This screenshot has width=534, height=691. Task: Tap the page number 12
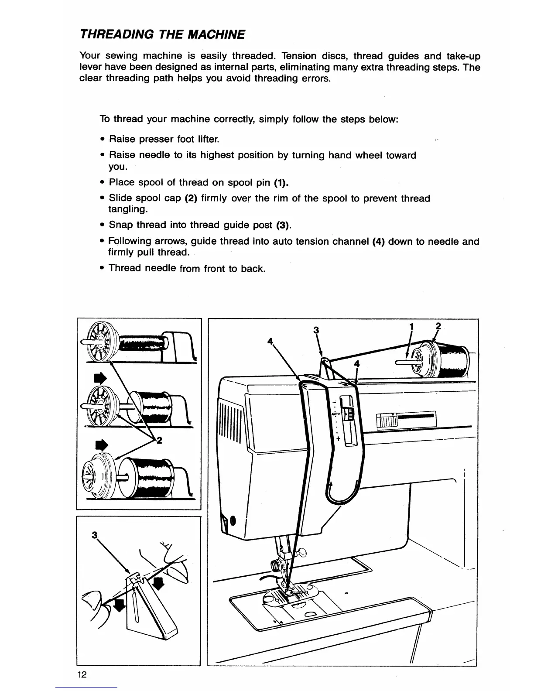pyautogui.click(x=82, y=674)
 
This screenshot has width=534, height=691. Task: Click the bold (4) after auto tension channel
pyautogui.click(x=378, y=242)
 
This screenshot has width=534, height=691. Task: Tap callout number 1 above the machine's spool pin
pyautogui.click(x=411, y=326)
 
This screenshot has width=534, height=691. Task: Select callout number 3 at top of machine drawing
pyautogui.click(x=316, y=330)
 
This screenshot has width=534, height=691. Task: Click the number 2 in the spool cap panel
pyautogui.click(x=159, y=441)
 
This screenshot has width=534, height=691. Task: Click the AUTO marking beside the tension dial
pyautogui.click(x=335, y=413)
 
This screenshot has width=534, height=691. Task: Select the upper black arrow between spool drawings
pyautogui.click(x=100, y=378)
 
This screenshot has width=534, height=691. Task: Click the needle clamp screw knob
pyautogui.click(x=276, y=566)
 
